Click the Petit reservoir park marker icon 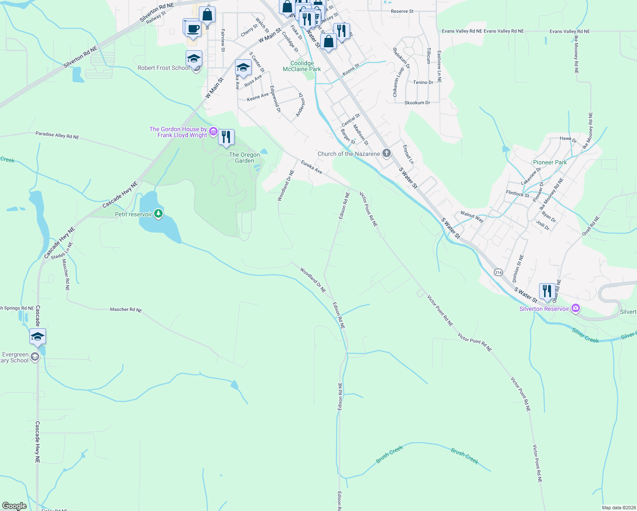click(x=158, y=213)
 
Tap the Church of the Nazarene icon click(x=386, y=153)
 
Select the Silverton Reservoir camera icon click(x=576, y=308)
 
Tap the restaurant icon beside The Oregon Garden click(x=226, y=137)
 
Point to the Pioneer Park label click(x=550, y=162)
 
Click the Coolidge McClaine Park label click(x=302, y=66)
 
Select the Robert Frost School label click(x=164, y=68)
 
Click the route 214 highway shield click(x=499, y=272)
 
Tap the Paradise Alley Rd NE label click(x=57, y=135)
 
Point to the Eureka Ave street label click(x=312, y=167)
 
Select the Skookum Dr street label click(x=417, y=103)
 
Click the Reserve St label click(x=402, y=11)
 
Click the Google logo click(x=14, y=506)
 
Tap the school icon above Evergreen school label click(x=37, y=336)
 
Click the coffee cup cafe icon click(x=193, y=29)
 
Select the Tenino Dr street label click(x=423, y=82)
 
